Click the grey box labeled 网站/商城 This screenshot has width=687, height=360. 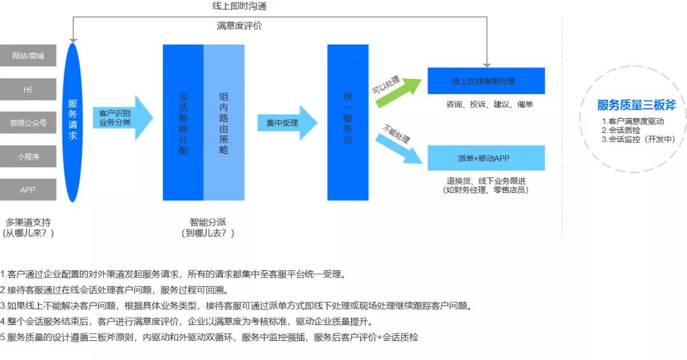tap(28, 56)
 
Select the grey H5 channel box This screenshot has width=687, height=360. tap(28, 90)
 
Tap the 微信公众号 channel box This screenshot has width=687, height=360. tap(28, 123)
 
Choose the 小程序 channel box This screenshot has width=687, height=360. tap(28, 156)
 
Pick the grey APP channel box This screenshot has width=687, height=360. tap(28, 190)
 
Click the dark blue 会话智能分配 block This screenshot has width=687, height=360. tap(183, 123)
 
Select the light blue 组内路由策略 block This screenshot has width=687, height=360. tap(224, 123)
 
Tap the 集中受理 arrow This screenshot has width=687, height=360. tap(287, 123)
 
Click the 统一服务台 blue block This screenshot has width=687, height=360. tap(348, 123)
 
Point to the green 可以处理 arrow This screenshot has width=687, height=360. tap(398, 91)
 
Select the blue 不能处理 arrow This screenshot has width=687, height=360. tap(399, 145)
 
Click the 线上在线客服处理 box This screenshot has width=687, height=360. tap(486, 81)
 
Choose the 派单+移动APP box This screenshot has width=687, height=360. tap(486, 158)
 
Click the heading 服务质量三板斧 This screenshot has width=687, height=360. tap(636, 106)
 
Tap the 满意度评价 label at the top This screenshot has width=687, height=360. tap(239, 26)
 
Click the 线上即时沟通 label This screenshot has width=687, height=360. tap(239, 6)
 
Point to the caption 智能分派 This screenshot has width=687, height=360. tap(207, 223)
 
